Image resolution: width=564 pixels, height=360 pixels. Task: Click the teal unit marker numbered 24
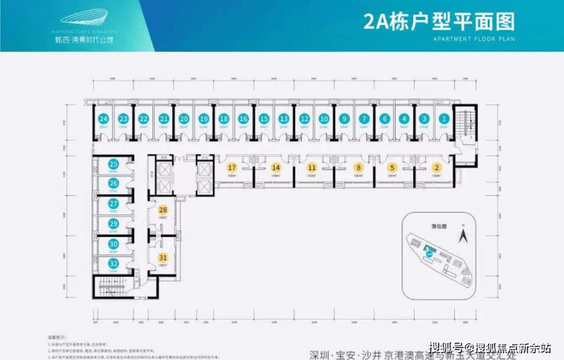point(102,118)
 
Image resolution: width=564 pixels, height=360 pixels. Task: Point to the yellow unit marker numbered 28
point(162,209)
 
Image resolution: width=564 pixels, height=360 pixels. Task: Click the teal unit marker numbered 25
point(113,164)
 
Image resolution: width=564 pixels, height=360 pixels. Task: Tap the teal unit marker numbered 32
point(113,263)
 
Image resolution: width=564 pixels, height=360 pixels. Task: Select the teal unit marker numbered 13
point(284,118)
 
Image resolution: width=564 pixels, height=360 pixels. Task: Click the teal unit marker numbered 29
point(113,223)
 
